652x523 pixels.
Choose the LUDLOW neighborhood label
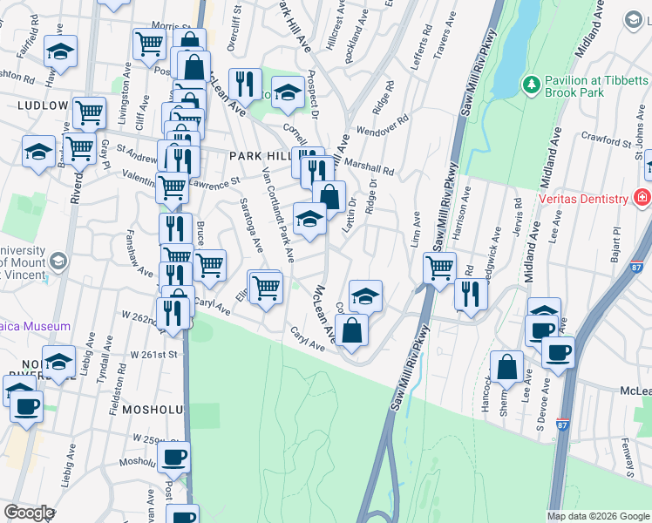point(42,105)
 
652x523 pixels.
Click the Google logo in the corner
point(29,513)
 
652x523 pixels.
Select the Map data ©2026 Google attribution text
point(598,516)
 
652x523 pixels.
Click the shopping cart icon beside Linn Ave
point(440,267)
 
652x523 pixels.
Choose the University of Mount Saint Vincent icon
point(58,261)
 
